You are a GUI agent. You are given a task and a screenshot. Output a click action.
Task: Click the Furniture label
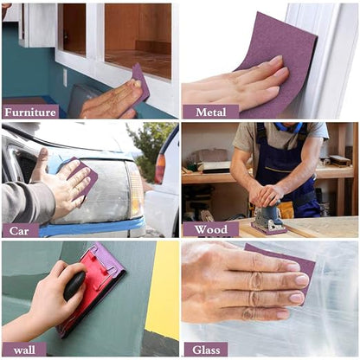coord(30,112)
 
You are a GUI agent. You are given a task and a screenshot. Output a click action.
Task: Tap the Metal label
coord(211,112)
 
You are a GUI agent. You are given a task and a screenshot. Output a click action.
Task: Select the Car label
coord(20,230)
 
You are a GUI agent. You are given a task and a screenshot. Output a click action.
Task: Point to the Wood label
coord(211,229)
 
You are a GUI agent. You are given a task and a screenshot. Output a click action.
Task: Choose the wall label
coord(24,350)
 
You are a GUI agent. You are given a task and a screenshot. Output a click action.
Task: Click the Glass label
coord(206,350)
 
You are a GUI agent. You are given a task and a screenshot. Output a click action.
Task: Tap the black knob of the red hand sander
coord(74,286)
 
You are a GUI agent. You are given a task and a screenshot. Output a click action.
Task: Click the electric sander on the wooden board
coord(268,219)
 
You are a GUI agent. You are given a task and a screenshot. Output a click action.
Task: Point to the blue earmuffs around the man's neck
coord(288,127)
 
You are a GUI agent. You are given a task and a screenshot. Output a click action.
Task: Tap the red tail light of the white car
coord(159,169)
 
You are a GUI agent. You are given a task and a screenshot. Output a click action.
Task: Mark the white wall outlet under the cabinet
coord(65,78)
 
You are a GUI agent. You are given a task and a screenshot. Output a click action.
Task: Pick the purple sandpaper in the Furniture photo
coord(141,84)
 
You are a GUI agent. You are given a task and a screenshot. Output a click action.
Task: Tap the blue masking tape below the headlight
coord(93,228)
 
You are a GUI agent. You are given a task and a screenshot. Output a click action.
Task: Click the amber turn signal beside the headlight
coord(136,190)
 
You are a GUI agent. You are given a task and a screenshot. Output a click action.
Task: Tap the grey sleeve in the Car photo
coord(28,202)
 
